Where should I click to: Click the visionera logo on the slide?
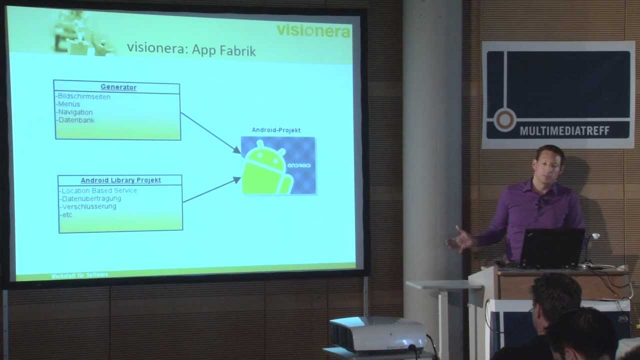[313, 30]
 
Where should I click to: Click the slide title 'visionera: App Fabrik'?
[191, 50]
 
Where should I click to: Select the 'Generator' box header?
[118, 87]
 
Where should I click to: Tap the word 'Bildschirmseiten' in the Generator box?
[83, 96]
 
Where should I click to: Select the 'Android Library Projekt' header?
[121, 180]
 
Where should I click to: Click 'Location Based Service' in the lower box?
[99, 190]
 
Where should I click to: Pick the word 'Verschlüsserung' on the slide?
[89, 206]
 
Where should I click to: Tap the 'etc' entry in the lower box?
[66, 214]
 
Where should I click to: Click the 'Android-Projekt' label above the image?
[276, 130]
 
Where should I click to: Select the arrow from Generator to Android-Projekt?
[210, 132]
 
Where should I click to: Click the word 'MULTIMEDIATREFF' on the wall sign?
[564, 131]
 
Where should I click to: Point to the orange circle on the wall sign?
[504, 120]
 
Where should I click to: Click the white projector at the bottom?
[377, 334]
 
